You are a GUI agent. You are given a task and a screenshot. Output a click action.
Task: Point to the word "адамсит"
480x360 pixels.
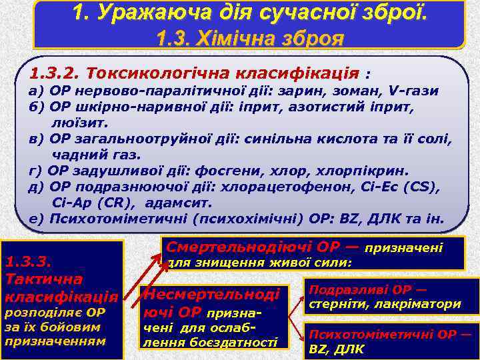click(x=178, y=203)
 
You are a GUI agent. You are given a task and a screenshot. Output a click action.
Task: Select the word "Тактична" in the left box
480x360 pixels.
click(x=43, y=277)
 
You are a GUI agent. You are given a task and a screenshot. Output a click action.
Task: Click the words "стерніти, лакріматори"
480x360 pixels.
click(x=384, y=304)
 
